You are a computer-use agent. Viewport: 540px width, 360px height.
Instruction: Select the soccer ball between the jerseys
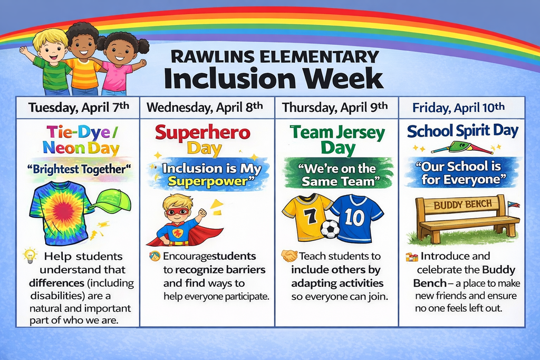click(x=330, y=229)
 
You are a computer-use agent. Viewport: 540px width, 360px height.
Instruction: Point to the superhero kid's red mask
click(x=177, y=211)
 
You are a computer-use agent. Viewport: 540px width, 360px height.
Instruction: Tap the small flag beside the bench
click(x=512, y=203)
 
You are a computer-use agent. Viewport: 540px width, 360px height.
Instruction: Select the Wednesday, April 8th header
click(x=205, y=108)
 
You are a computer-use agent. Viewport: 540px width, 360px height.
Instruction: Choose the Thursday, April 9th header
click(x=335, y=108)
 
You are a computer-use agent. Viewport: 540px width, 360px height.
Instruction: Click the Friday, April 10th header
click(x=458, y=108)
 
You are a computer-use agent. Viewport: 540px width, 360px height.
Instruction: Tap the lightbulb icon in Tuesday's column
click(x=30, y=256)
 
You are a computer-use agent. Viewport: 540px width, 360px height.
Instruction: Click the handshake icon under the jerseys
click(x=289, y=256)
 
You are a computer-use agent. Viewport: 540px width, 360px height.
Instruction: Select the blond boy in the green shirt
click(x=52, y=61)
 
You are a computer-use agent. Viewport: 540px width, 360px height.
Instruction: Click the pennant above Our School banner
click(x=461, y=147)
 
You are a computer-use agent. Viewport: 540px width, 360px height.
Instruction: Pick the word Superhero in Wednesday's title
click(x=202, y=132)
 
